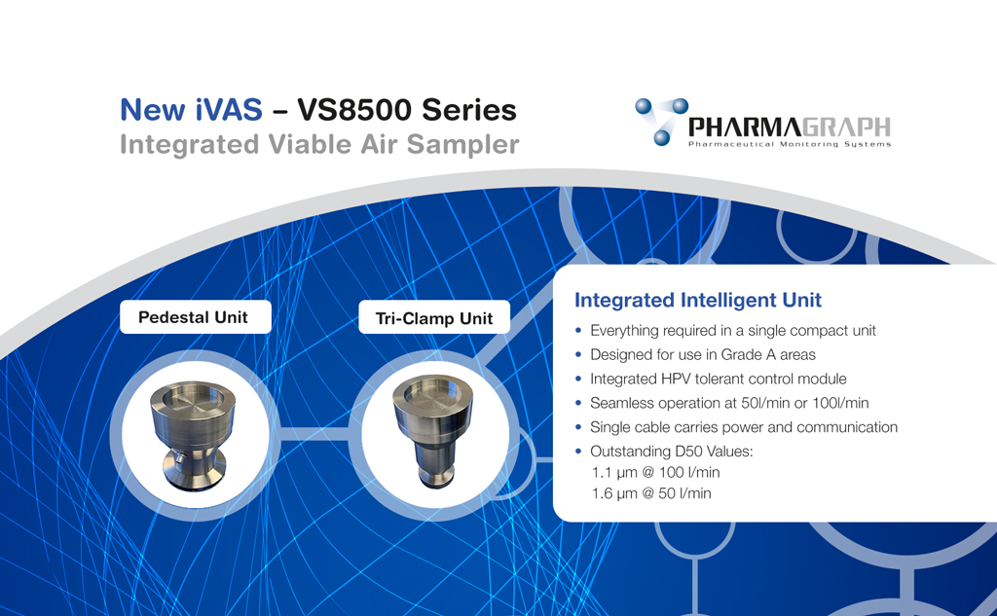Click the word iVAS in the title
[x=229, y=109]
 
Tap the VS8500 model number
[x=354, y=109]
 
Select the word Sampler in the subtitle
[x=462, y=145]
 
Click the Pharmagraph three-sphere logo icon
[x=661, y=121]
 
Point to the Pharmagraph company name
[x=789, y=127]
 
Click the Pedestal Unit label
[x=194, y=317]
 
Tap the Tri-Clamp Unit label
[x=434, y=318]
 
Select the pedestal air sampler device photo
[x=193, y=434]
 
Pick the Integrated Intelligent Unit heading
[x=697, y=300]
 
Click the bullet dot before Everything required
[x=578, y=331]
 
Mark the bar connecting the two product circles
[x=314, y=434]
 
